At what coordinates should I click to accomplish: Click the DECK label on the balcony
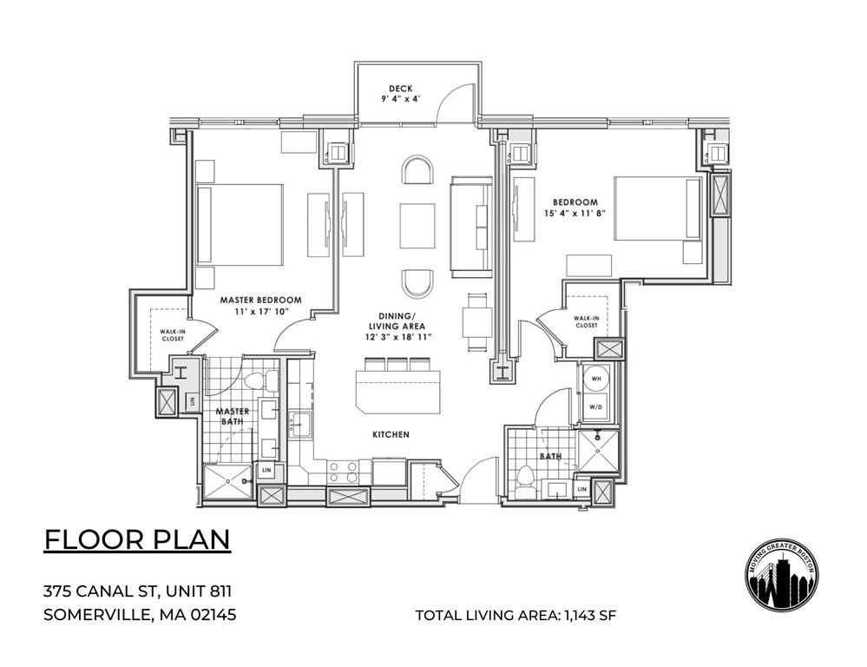pos(400,88)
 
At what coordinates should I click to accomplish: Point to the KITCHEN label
pos(391,433)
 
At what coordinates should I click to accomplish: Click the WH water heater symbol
pos(597,380)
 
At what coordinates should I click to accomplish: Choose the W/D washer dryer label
pos(597,406)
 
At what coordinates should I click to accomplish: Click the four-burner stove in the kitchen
pos(343,472)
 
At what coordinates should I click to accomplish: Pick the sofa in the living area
pos(470,223)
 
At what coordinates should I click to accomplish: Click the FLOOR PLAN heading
pos(137,539)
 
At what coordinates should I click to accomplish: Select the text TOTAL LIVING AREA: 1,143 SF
pos(516,616)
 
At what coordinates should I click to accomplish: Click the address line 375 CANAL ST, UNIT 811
pos(137,592)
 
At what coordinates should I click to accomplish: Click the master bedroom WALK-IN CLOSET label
pos(171,334)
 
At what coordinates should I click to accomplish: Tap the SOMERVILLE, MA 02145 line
pos(140,616)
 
